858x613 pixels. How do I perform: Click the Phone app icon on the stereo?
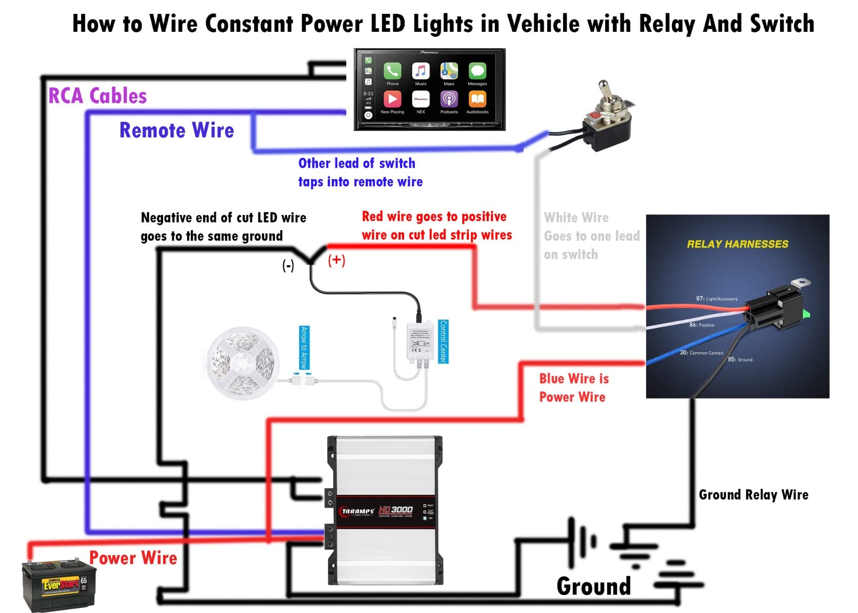392,71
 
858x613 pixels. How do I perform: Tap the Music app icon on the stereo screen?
421,71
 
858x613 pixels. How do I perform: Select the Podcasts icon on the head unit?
449,99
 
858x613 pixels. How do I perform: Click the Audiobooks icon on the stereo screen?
477,99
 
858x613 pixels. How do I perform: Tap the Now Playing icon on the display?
392,99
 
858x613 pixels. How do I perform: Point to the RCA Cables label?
97,96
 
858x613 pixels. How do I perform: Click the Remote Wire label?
176,130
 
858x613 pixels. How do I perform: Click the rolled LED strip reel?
242,363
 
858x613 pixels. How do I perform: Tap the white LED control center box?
418,341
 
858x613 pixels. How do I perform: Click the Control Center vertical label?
444,342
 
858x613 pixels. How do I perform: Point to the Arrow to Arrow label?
304,347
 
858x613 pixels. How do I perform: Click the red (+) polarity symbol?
336,260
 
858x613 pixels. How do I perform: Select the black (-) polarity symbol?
288,265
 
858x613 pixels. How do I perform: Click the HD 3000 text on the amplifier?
395,509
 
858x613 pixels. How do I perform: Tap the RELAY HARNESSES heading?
737,244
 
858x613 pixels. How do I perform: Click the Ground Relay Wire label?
753,495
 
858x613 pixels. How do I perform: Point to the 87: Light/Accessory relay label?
716,299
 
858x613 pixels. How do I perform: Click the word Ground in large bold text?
593,586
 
